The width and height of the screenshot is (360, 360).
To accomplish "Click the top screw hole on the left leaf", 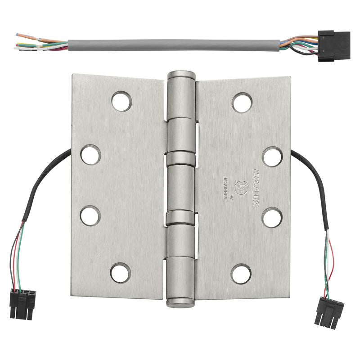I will pyautogui.click(x=122, y=101).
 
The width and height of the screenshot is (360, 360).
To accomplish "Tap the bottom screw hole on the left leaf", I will pyautogui.click(x=120, y=273).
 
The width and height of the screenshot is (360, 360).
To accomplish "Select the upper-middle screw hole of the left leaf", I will pyautogui.click(x=90, y=154).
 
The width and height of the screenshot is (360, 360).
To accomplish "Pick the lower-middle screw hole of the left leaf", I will pyautogui.click(x=90, y=215).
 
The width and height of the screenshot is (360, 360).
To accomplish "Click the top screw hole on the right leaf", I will pyautogui.click(x=242, y=102).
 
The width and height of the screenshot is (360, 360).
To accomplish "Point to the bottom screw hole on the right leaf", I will pyautogui.click(x=241, y=273).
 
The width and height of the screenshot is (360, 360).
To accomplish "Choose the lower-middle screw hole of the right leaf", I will pyautogui.click(x=272, y=217).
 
